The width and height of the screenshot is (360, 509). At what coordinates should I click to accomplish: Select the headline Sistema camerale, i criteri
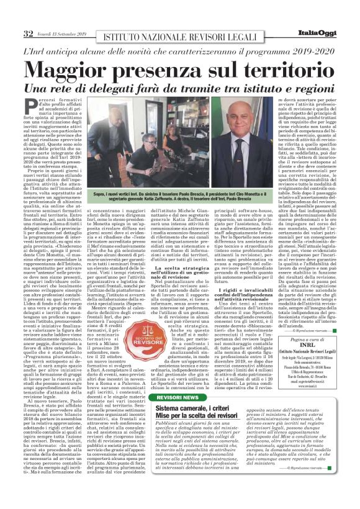click(189, 407)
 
